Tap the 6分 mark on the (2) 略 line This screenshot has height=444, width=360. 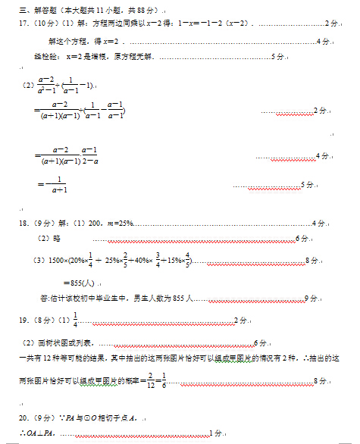coord(302,239)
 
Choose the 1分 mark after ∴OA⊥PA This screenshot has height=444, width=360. coord(216,433)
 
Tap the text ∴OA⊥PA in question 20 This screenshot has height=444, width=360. coord(39,433)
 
